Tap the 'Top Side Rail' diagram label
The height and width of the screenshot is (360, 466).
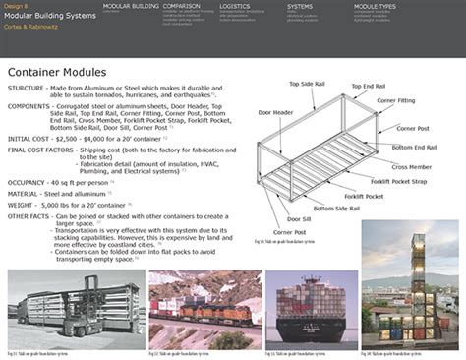coord(307,85)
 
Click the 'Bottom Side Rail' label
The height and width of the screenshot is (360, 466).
coord(324,209)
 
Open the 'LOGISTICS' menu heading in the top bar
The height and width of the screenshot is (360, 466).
coord(234,6)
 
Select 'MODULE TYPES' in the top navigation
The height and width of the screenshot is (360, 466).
coord(375,6)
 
